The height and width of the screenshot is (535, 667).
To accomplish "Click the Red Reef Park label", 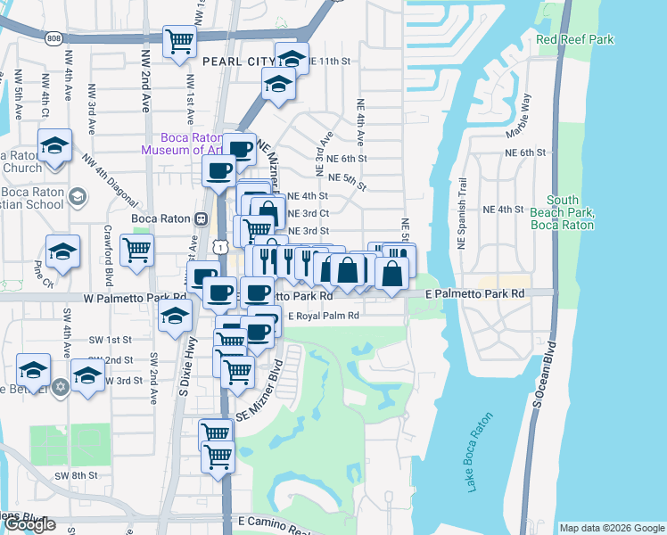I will pos(576,40).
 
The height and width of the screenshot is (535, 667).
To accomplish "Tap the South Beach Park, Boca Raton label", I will pos(569,213).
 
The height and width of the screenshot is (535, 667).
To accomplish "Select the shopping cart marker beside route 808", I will pos(180,41).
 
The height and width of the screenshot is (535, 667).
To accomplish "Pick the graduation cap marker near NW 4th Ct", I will pos(54,145).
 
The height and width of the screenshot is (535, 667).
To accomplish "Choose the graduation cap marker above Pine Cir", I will pos(63,251).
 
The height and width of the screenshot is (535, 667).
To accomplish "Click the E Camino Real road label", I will pos(276,520).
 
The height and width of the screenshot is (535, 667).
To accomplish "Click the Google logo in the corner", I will pos(30,523).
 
